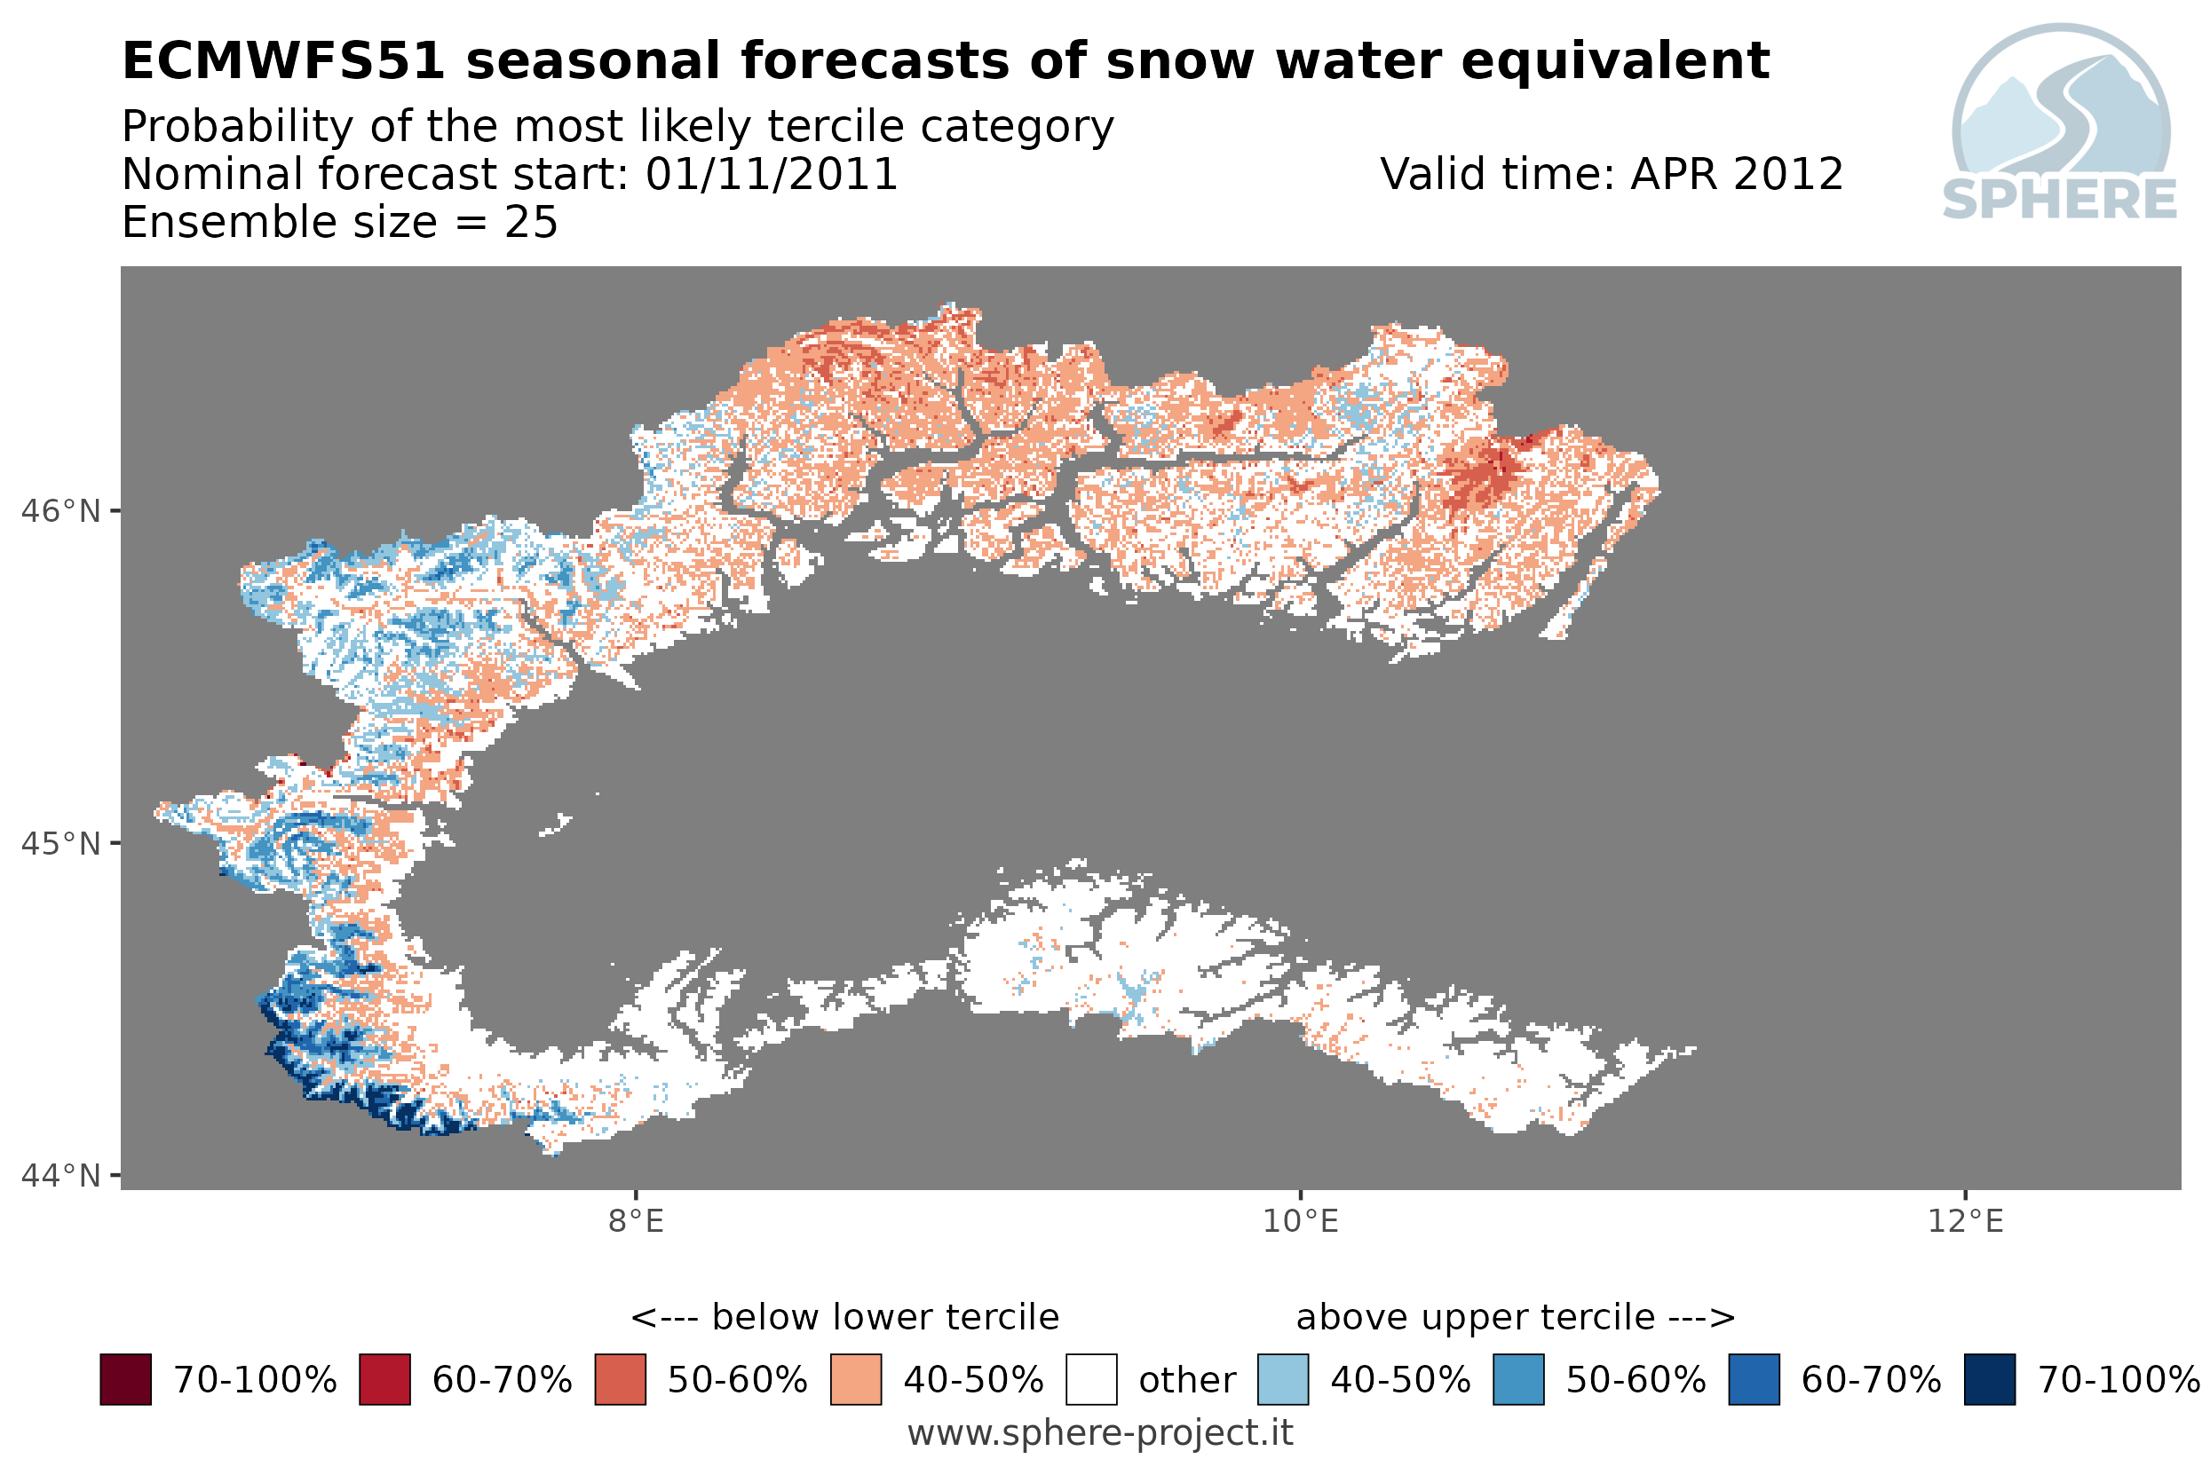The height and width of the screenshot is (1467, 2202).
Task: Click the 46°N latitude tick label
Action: tap(61, 512)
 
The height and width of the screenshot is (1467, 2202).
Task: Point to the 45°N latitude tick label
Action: tap(61, 844)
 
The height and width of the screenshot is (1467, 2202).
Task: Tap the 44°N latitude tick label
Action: tap(61, 1175)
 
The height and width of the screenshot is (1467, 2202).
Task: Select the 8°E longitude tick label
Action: tap(637, 1222)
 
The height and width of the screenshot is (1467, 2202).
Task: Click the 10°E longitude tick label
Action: tap(1301, 1222)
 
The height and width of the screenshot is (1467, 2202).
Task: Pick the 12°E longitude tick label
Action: tap(1965, 1222)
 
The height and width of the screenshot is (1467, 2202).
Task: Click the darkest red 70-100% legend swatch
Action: tap(125, 1380)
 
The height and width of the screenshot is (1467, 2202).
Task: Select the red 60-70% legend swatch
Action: tap(384, 1380)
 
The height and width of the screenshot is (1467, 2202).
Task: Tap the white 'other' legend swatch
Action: tap(1091, 1380)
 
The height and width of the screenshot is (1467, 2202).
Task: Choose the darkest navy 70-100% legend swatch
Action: tap(1990, 1380)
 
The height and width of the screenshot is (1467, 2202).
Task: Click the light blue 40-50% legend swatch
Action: tap(1283, 1380)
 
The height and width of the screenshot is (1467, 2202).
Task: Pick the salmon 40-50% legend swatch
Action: tap(855, 1380)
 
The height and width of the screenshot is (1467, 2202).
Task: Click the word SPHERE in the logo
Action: tap(2060, 200)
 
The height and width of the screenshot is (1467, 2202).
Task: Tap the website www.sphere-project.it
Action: tap(1100, 1433)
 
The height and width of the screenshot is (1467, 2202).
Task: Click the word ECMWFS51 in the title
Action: tap(282, 62)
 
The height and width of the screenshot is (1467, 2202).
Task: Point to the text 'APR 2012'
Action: tap(1737, 174)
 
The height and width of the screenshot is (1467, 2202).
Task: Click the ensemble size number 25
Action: tap(532, 223)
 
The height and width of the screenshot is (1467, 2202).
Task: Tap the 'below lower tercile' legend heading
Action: tap(885, 1317)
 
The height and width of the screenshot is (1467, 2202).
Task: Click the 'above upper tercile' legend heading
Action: tap(1476, 1317)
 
